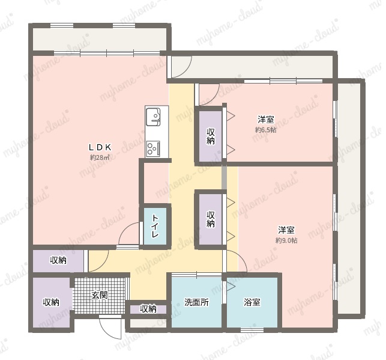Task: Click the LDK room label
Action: coord(100,147)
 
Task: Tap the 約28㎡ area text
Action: coord(100,157)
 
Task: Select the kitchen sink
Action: coord(153,117)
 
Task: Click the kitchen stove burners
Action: coord(153,148)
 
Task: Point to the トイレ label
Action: coord(155,226)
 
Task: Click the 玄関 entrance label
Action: coord(100,294)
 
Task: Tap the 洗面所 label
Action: coord(196,302)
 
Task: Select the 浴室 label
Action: coord(252,302)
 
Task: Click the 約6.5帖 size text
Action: coord(266,130)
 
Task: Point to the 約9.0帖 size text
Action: coord(286,240)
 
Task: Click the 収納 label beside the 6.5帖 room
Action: coord(211,136)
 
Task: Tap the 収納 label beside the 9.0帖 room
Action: coord(211,219)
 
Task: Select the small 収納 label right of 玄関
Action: coord(148,308)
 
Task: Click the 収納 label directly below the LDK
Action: coord(58,260)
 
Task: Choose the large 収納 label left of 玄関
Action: coord(51,302)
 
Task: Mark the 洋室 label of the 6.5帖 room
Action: coord(266,120)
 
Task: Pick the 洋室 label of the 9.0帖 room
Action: coord(286,230)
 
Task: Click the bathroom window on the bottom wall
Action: coord(252,330)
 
